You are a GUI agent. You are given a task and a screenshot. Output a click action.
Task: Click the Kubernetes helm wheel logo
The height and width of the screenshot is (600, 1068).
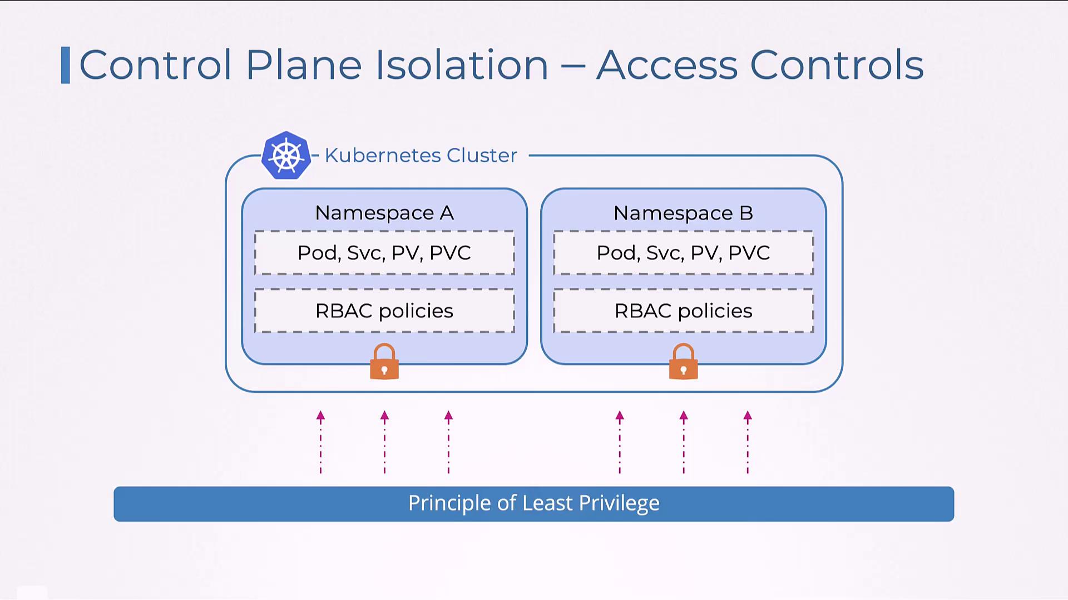click(286, 156)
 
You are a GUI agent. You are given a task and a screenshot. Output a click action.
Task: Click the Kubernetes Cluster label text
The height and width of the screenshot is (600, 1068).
click(421, 156)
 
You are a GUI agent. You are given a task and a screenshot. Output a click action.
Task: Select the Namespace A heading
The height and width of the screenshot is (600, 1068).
click(384, 213)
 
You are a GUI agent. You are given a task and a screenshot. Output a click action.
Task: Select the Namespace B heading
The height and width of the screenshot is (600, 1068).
click(683, 213)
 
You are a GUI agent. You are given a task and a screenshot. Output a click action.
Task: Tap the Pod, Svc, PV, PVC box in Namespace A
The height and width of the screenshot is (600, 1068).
click(384, 253)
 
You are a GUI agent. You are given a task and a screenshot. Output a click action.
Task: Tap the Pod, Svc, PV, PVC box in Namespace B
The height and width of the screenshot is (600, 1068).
click(683, 253)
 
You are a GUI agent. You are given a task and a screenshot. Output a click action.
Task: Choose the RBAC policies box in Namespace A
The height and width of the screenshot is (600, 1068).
click(384, 311)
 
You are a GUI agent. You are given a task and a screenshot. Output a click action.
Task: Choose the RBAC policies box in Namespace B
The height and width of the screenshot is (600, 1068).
click(683, 311)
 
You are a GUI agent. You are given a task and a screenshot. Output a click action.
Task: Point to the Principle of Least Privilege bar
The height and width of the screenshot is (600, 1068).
click(533, 503)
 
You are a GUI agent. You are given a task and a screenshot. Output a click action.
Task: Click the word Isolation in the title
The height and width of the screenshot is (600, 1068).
click(462, 65)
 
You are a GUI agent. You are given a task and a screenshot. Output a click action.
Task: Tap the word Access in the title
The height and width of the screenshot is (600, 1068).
click(667, 65)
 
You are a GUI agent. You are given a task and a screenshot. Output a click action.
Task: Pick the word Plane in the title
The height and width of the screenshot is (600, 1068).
click(304, 65)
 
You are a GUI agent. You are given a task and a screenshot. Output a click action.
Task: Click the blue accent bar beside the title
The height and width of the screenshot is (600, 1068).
click(66, 65)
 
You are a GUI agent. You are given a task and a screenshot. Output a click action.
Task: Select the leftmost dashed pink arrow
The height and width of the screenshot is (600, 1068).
click(320, 442)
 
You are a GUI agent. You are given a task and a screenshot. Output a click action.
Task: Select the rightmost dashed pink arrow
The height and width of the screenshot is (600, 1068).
click(748, 442)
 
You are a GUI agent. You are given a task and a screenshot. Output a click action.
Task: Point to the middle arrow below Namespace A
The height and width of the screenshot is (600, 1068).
click(384, 442)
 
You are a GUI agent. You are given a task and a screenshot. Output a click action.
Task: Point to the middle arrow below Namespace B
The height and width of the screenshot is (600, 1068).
click(684, 442)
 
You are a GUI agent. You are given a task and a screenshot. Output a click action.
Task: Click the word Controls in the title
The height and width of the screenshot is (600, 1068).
click(837, 65)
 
